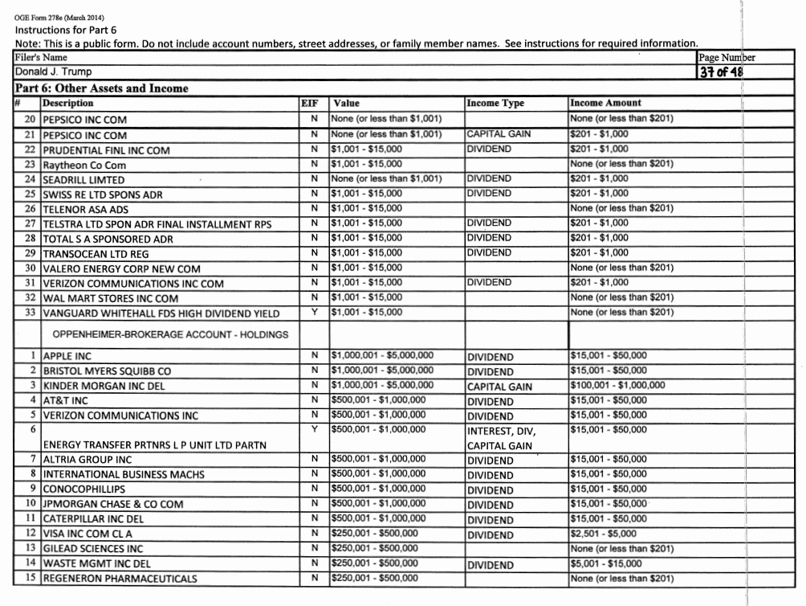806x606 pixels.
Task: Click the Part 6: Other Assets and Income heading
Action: point(101,88)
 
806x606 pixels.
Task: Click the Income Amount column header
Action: point(605,103)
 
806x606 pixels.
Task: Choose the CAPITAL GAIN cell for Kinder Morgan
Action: point(499,387)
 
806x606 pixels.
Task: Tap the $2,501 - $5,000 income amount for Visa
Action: point(602,534)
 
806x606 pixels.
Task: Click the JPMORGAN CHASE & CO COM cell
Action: point(112,505)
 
